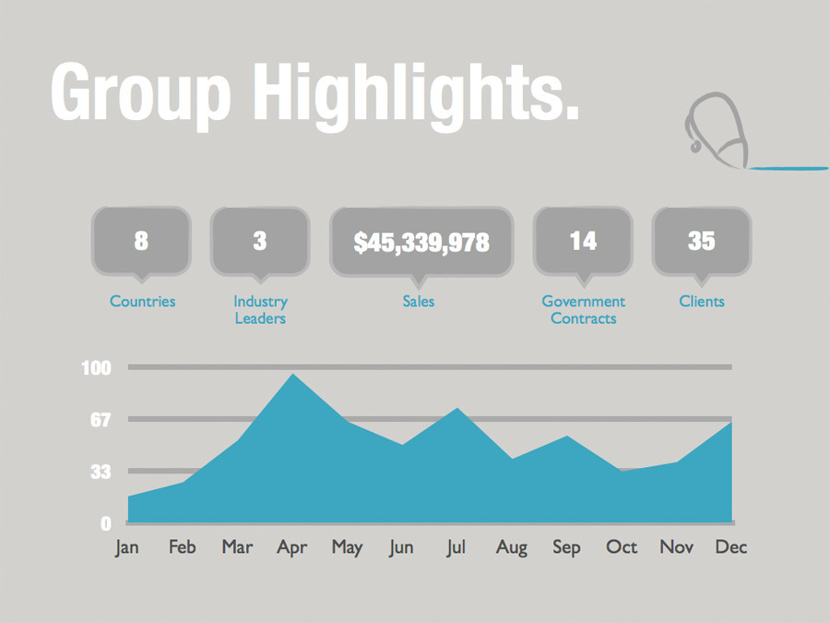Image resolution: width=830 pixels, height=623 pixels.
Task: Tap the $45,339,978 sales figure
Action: coord(421,242)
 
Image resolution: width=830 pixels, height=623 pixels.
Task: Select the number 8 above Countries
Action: coord(141,241)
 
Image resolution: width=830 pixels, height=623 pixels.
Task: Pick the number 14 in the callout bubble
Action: coord(583,241)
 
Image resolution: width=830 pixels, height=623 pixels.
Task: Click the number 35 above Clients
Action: coord(701,241)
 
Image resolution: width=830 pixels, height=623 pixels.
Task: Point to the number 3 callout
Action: coord(260,241)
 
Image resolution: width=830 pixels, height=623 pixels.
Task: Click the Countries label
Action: coord(142,301)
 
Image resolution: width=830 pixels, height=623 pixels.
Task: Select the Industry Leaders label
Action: coord(260,310)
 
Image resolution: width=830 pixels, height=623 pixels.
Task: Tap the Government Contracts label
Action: coord(583,310)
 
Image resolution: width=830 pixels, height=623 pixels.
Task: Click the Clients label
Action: coord(702,301)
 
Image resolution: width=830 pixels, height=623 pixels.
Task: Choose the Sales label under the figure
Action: coord(419,301)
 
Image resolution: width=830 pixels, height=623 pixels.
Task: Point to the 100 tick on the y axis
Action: coord(96,368)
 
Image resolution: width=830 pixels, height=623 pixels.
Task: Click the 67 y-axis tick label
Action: coord(99,420)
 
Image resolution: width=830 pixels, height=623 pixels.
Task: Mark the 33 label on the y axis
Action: coord(99,472)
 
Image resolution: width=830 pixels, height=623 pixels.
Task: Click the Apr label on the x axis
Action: coord(291,547)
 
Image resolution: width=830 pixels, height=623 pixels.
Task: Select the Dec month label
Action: coord(731,547)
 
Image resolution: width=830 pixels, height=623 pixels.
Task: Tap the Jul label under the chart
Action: coord(456,547)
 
